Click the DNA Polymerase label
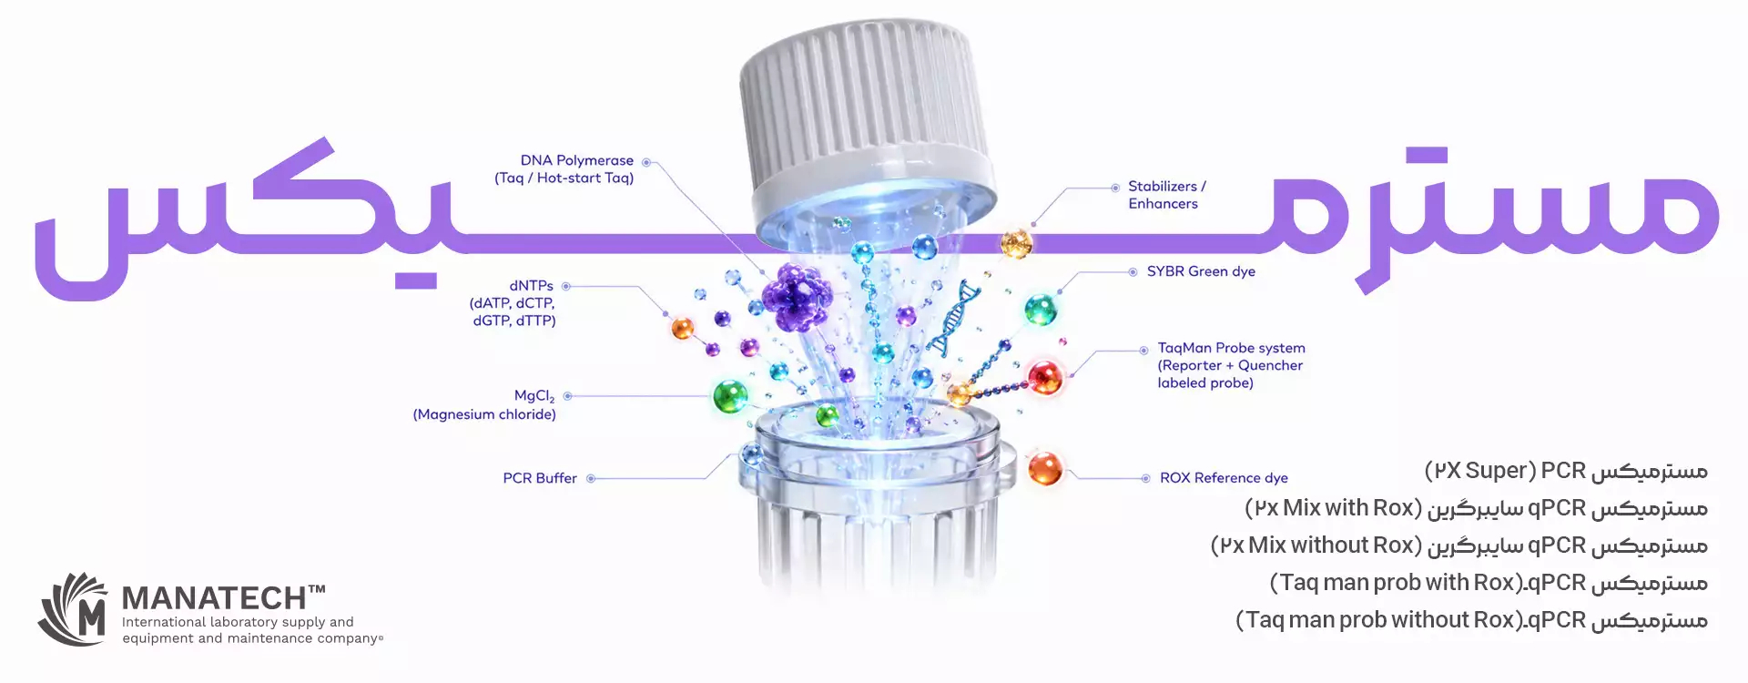pos(564,169)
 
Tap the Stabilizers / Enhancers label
pos(1167,195)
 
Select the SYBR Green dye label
pos(1201,271)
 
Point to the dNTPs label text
pos(513,303)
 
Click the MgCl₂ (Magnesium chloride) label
pos(484,405)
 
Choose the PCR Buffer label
pos(540,478)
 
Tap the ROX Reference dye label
pos(1224,478)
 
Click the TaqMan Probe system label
pos(1231,365)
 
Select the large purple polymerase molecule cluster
pos(797,296)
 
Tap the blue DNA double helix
pos(952,319)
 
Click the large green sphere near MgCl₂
pos(730,396)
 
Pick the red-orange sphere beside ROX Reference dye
pos(1045,468)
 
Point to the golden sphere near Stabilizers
pos(1016,243)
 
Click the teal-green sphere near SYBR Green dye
pos(1041,310)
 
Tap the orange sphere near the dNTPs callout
pos(682,329)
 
